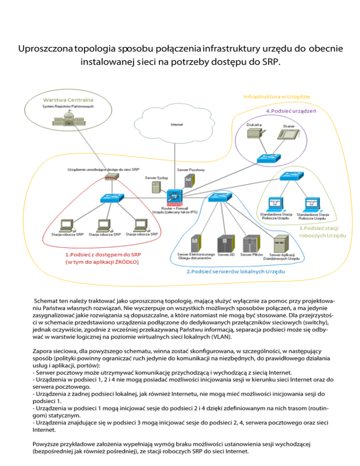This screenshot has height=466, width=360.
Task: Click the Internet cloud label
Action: (176, 125)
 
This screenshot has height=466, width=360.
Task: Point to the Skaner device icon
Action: (289, 136)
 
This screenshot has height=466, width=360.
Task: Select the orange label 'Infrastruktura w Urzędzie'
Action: (276, 96)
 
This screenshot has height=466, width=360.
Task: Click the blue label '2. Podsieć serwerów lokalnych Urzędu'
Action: (236, 272)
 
